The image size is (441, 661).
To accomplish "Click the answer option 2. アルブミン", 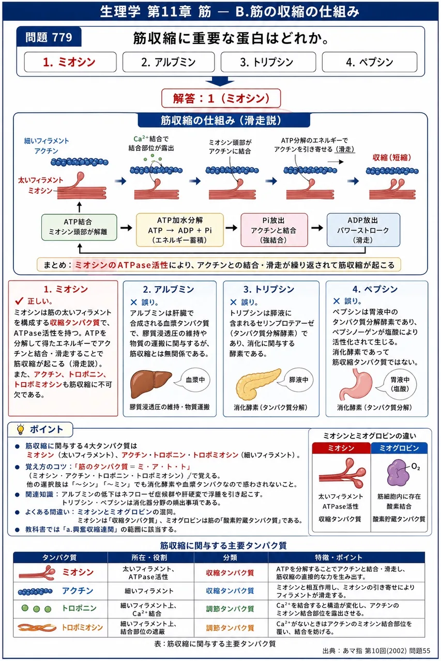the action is [169, 62].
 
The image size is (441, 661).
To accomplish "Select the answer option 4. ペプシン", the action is [370, 62].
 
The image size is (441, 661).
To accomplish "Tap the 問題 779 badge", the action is [49, 37].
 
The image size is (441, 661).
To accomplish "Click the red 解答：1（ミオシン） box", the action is [221, 98].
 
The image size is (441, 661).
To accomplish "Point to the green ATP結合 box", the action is [79, 227].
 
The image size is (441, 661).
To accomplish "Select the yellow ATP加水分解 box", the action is [179, 230].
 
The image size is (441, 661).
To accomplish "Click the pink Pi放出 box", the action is [274, 230].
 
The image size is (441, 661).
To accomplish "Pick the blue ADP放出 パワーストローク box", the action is [363, 230].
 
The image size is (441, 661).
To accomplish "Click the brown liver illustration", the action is [150, 384].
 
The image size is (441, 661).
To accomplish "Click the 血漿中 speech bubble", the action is [193, 380].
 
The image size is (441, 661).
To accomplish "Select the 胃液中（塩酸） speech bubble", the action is [399, 384].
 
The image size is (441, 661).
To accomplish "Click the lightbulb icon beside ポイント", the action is [20, 429].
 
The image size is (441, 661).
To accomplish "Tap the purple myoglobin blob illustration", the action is [398, 473].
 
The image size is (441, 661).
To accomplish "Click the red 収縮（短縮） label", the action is [392, 158].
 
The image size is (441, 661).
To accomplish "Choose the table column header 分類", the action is [231, 557].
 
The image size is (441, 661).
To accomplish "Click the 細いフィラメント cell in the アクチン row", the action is [149, 590].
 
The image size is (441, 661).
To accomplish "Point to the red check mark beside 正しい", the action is [19, 301].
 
